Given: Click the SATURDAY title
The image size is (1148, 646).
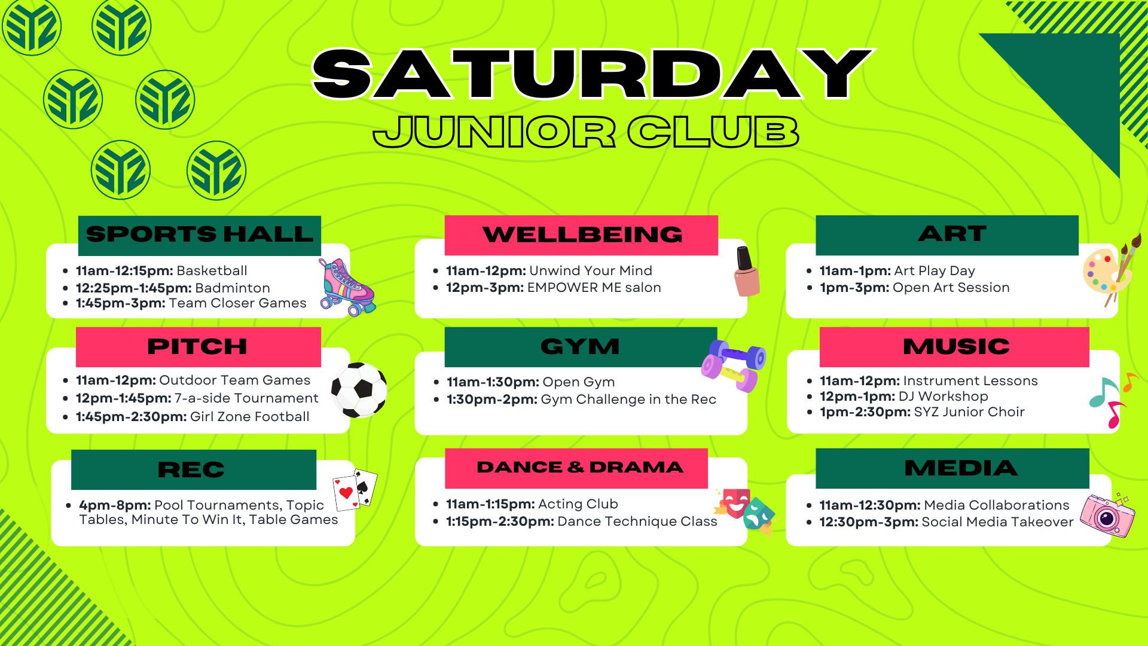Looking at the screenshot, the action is point(593,74).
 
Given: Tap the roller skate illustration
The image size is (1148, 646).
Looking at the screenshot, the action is point(347,287).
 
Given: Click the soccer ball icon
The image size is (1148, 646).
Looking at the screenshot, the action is point(359,390).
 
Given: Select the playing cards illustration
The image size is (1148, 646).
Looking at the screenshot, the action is point(355,489).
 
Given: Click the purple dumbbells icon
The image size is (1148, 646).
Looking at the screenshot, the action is point(734,365).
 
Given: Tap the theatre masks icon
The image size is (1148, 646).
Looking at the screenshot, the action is point(744,510).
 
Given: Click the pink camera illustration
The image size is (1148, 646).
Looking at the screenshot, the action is point(1107,514).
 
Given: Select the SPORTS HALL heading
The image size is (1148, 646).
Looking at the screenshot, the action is point(200,234).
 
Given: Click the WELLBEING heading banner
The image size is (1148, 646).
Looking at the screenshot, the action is point(581,235).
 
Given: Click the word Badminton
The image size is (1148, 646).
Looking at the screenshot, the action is point(233,288).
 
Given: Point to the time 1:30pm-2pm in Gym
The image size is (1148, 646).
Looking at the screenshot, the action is point(492,400).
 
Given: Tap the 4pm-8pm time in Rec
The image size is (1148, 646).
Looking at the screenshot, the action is point(115,505).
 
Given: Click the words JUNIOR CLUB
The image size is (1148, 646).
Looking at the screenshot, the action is point(586,132).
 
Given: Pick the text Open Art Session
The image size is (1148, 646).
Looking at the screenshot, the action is point(951,288).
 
